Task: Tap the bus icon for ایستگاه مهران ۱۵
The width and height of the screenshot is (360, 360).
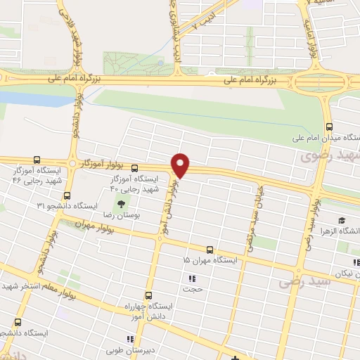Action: point(210,250)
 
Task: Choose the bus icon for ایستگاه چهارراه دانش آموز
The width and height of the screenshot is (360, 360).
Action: point(148,295)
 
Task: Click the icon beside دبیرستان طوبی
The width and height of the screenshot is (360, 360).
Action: point(131,338)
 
